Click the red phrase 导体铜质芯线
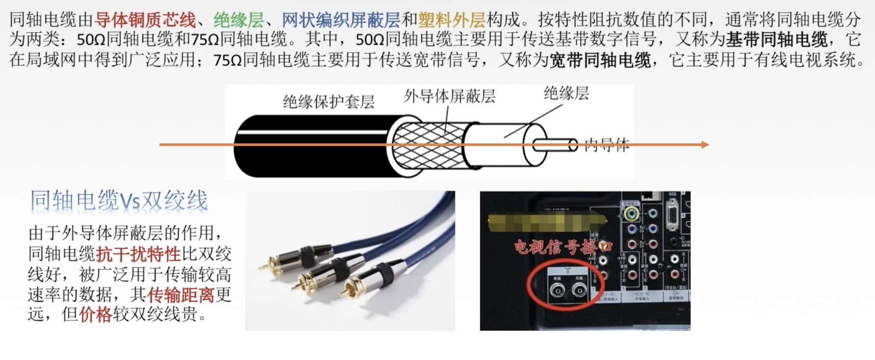[x=145, y=20]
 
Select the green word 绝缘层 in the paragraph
[x=239, y=20]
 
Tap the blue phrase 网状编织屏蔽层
[x=341, y=20]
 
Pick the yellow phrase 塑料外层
[x=452, y=20]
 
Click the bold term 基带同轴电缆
[x=777, y=40]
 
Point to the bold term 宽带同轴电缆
[x=600, y=60]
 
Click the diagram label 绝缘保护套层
[x=329, y=101]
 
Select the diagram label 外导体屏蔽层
[x=450, y=96]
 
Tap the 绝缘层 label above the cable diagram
[x=566, y=93]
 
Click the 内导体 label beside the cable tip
[x=607, y=145]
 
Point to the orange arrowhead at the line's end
[x=705, y=145]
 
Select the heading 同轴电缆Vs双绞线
[x=119, y=200]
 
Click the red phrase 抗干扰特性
[x=139, y=254]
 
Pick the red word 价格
[x=95, y=314]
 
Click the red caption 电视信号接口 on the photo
[x=563, y=247]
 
